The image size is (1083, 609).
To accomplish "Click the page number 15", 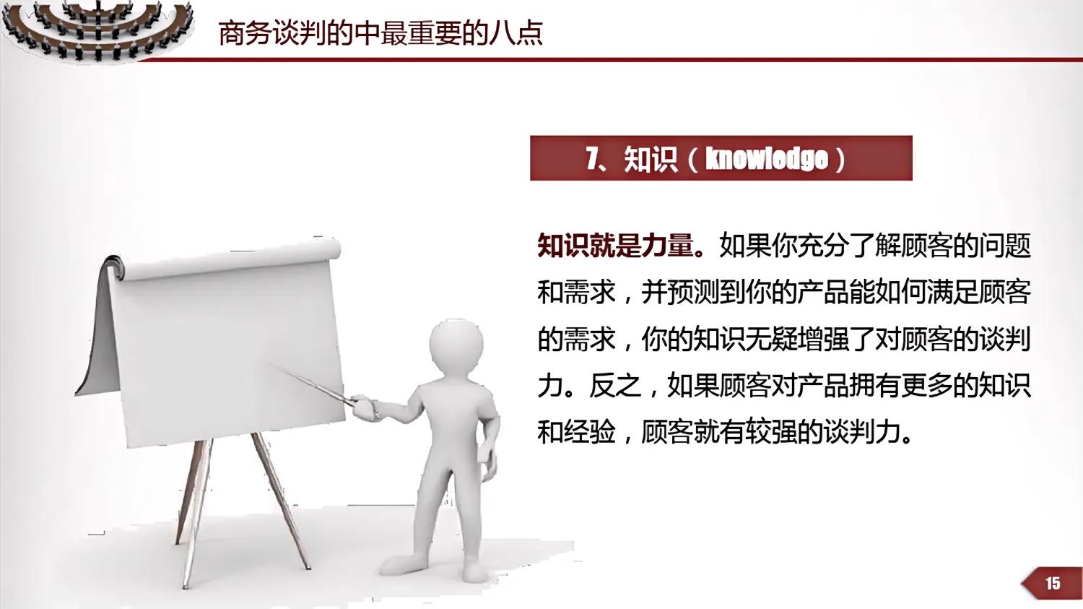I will (1053, 583).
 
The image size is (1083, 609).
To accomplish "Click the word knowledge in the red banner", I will (766, 158).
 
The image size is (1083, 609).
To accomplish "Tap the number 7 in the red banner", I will (593, 158).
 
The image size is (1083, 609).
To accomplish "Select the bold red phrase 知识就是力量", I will (615, 246).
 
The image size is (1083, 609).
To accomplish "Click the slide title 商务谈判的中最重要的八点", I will (380, 33).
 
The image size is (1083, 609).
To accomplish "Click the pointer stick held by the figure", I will (310, 382).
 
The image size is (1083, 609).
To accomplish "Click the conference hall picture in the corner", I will (97, 29).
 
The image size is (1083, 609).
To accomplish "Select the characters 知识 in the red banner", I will (651, 159).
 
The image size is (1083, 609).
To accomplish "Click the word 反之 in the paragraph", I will (615, 386).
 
